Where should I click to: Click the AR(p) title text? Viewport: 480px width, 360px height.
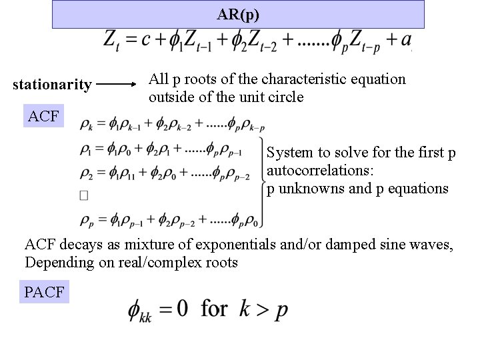(x=238, y=14)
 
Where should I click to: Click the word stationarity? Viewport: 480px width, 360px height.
(x=52, y=85)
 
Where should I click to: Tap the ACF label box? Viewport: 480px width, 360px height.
(x=44, y=117)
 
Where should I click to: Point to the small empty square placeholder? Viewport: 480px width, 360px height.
(x=83, y=195)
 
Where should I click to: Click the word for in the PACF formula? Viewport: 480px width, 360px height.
(x=214, y=309)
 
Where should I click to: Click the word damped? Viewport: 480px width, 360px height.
(x=350, y=245)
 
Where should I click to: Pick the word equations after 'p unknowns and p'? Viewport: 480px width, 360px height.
(x=419, y=188)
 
